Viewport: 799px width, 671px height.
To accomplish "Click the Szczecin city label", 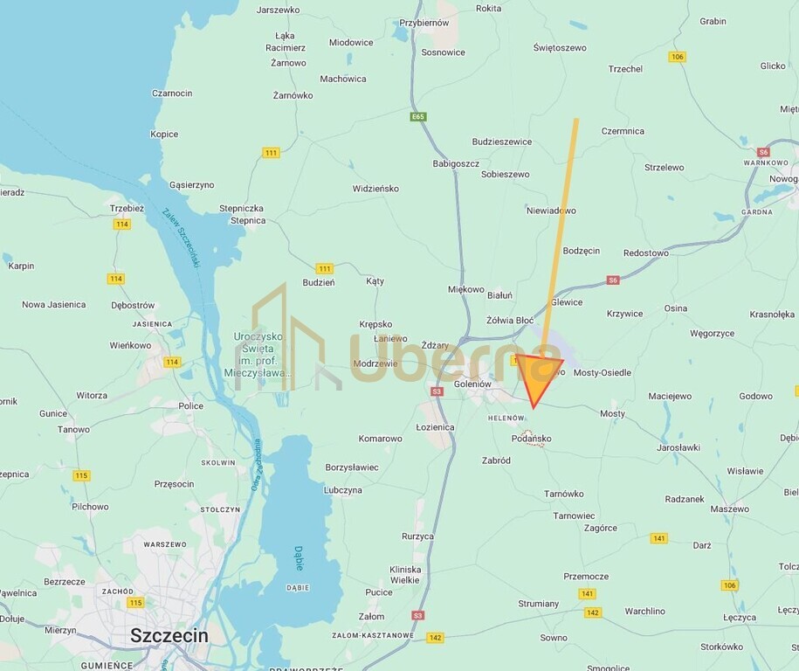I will click(169, 635).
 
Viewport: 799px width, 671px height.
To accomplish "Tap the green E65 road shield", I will click(419, 116).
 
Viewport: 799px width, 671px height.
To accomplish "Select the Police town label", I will click(190, 405).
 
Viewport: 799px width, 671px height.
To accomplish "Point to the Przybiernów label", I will click(424, 24).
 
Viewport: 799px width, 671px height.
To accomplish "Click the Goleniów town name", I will click(474, 384).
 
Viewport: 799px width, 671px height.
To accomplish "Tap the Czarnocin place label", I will click(172, 93).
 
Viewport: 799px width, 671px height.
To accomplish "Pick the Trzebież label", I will click(127, 208).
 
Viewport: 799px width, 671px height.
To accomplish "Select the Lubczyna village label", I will click(342, 490).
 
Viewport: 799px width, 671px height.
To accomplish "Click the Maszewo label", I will click(730, 508).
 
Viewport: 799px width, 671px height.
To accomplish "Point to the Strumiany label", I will click(538, 604).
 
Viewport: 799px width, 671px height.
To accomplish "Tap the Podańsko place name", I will click(531, 439).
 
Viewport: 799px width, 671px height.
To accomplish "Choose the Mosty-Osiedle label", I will click(602, 372).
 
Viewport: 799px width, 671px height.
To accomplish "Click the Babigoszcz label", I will click(457, 163).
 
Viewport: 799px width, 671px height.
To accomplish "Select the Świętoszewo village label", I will click(560, 48).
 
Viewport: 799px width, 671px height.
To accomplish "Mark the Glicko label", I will click(773, 66).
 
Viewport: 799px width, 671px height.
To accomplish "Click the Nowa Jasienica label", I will click(54, 305).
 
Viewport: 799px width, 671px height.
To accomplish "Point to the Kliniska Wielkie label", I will click(405, 574).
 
